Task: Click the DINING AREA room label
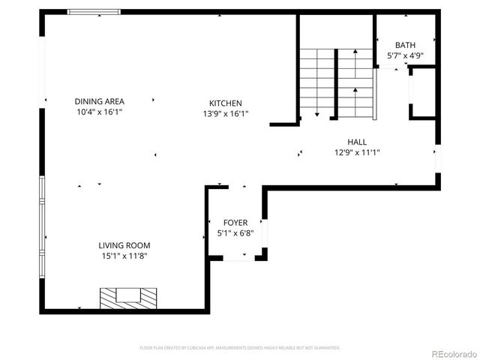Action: click(x=99, y=101)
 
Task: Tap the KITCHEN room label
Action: click(x=225, y=103)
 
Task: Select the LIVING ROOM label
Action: click(x=124, y=245)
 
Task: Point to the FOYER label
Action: click(x=235, y=223)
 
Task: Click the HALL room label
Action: click(x=357, y=142)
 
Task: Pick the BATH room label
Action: click(x=405, y=46)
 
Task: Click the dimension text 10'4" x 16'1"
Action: click(x=99, y=112)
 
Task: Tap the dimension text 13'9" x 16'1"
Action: click(x=225, y=114)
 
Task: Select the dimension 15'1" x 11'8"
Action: click(x=124, y=256)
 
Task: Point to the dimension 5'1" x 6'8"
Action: click(x=235, y=233)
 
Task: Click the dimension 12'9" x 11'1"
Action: click(x=357, y=152)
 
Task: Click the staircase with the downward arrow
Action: click(x=317, y=82)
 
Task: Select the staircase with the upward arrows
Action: click(x=354, y=82)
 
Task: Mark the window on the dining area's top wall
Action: click(x=94, y=12)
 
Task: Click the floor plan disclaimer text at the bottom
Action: click(x=240, y=348)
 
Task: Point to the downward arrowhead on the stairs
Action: click(x=317, y=115)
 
